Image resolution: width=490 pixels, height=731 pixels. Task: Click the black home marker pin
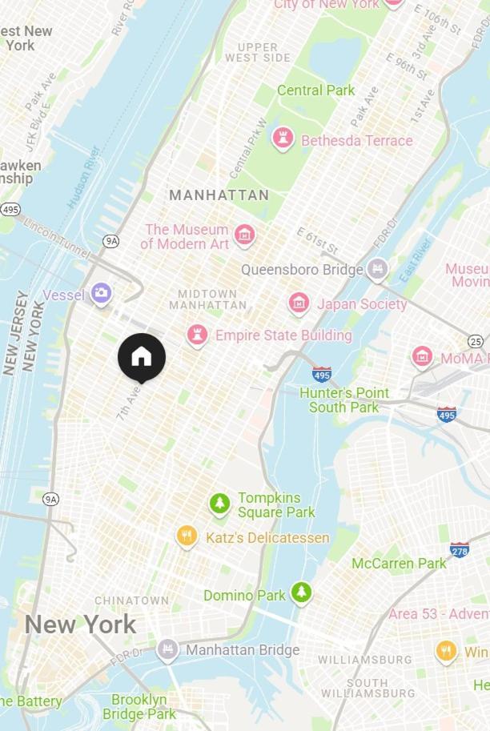pyautogui.click(x=142, y=356)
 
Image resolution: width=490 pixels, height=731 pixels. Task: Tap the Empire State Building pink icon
pyautogui.click(x=197, y=335)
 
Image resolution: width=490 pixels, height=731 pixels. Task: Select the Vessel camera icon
pyautogui.click(x=101, y=294)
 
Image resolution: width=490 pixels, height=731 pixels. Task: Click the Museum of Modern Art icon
pyautogui.click(x=245, y=235)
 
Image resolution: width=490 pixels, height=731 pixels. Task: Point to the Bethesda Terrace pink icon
pyautogui.click(x=283, y=139)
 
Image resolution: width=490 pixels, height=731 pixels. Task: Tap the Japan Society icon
pyautogui.click(x=299, y=303)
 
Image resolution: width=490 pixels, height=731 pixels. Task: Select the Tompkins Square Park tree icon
pyautogui.click(x=219, y=504)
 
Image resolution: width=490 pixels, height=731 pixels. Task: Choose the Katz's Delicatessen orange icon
pyautogui.click(x=187, y=536)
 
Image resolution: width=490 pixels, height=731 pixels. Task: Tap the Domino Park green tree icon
pyautogui.click(x=301, y=593)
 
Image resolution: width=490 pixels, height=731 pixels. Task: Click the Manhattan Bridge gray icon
pyautogui.click(x=168, y=649)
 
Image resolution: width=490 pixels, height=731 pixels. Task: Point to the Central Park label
pyautogui.click(x=315, y=90)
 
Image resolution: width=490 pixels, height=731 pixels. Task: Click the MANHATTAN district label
pyautogui.click(x=219, y=195)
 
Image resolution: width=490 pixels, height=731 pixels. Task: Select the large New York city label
pyautogui.click(x=80, y=625)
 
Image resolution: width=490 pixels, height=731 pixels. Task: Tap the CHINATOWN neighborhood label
pyautogui.click(x=131, y=600)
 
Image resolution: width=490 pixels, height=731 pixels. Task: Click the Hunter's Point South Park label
pyautogui.click(x=344, y=400)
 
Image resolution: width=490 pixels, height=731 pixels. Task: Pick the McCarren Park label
pyautogui.click(x=399, y=564)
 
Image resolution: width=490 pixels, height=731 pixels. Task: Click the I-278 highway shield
pyautogui.click(x=459, y=550)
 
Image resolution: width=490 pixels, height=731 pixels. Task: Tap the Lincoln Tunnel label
pyautogui.click(x=56, y=237)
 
